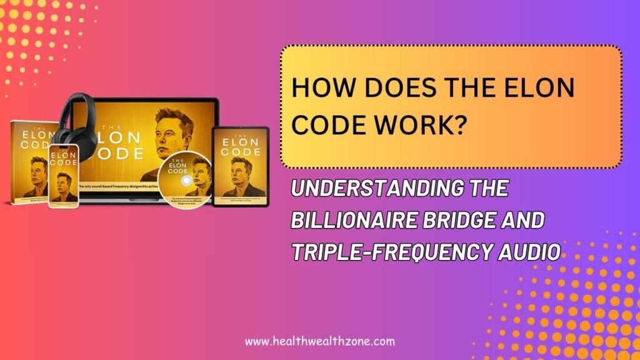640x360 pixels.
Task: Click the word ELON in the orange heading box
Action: [538, 88]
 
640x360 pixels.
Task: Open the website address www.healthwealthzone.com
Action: [319, 341]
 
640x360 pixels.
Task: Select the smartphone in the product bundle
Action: [64, 176]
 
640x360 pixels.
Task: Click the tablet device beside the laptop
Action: [240, 166]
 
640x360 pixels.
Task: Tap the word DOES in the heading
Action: [392, 88]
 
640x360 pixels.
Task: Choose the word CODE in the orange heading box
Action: [325, 124]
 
